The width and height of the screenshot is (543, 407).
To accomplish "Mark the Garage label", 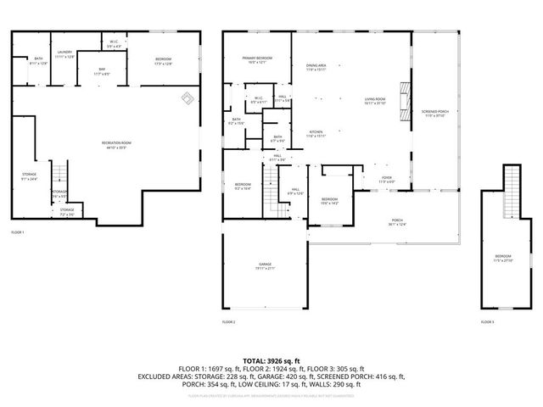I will pyautogui.click(x=266, y=267).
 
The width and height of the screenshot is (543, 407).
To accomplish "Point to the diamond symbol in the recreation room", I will pyautogui.click(x=185, y=98).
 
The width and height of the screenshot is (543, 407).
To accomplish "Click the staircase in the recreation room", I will pyautogui.click(x=59, y=175).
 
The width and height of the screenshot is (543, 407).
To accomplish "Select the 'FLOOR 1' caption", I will pyautogui.click(x=18, y=232).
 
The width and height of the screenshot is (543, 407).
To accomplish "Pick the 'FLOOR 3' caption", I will pyautogui.click(x=487, y=322).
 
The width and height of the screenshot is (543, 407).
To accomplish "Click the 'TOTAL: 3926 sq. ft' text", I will pyautogui.click(x=271, y=360).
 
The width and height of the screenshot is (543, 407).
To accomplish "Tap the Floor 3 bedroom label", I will pyautogui.click(x=504, y=258).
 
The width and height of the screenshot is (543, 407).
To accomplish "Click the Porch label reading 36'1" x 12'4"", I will pyautogui.click(x=397, y=222).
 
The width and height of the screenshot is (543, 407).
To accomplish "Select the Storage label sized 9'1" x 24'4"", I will pyautogui.click(x=29, y=176).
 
